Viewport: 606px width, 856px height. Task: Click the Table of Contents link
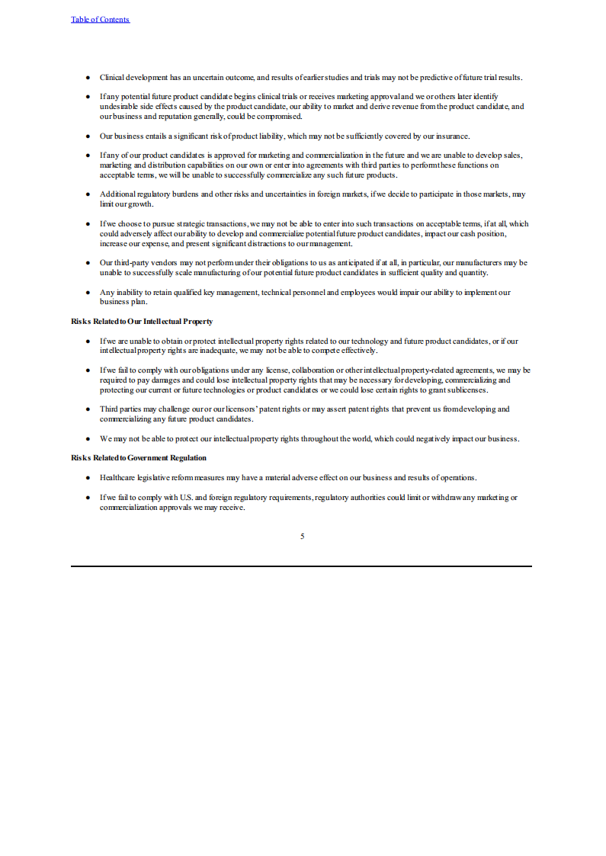[x=100, y=19]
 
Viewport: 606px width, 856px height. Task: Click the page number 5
[x=302, y=537]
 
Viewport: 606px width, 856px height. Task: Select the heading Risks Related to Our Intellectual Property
[x=142, y=322]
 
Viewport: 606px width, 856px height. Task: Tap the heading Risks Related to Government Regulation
[x=139, y=457]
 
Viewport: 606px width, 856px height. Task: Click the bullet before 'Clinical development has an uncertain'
[x=88, y=78]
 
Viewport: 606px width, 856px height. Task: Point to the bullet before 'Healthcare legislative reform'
[x=88, y=478]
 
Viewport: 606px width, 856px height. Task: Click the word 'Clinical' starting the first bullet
[x=111, y=78]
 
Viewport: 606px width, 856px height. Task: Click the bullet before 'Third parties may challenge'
[x=88, y=409]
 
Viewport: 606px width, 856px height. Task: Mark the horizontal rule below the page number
[x=302, y=566]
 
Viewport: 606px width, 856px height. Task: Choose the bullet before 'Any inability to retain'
[x=88, y=293]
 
